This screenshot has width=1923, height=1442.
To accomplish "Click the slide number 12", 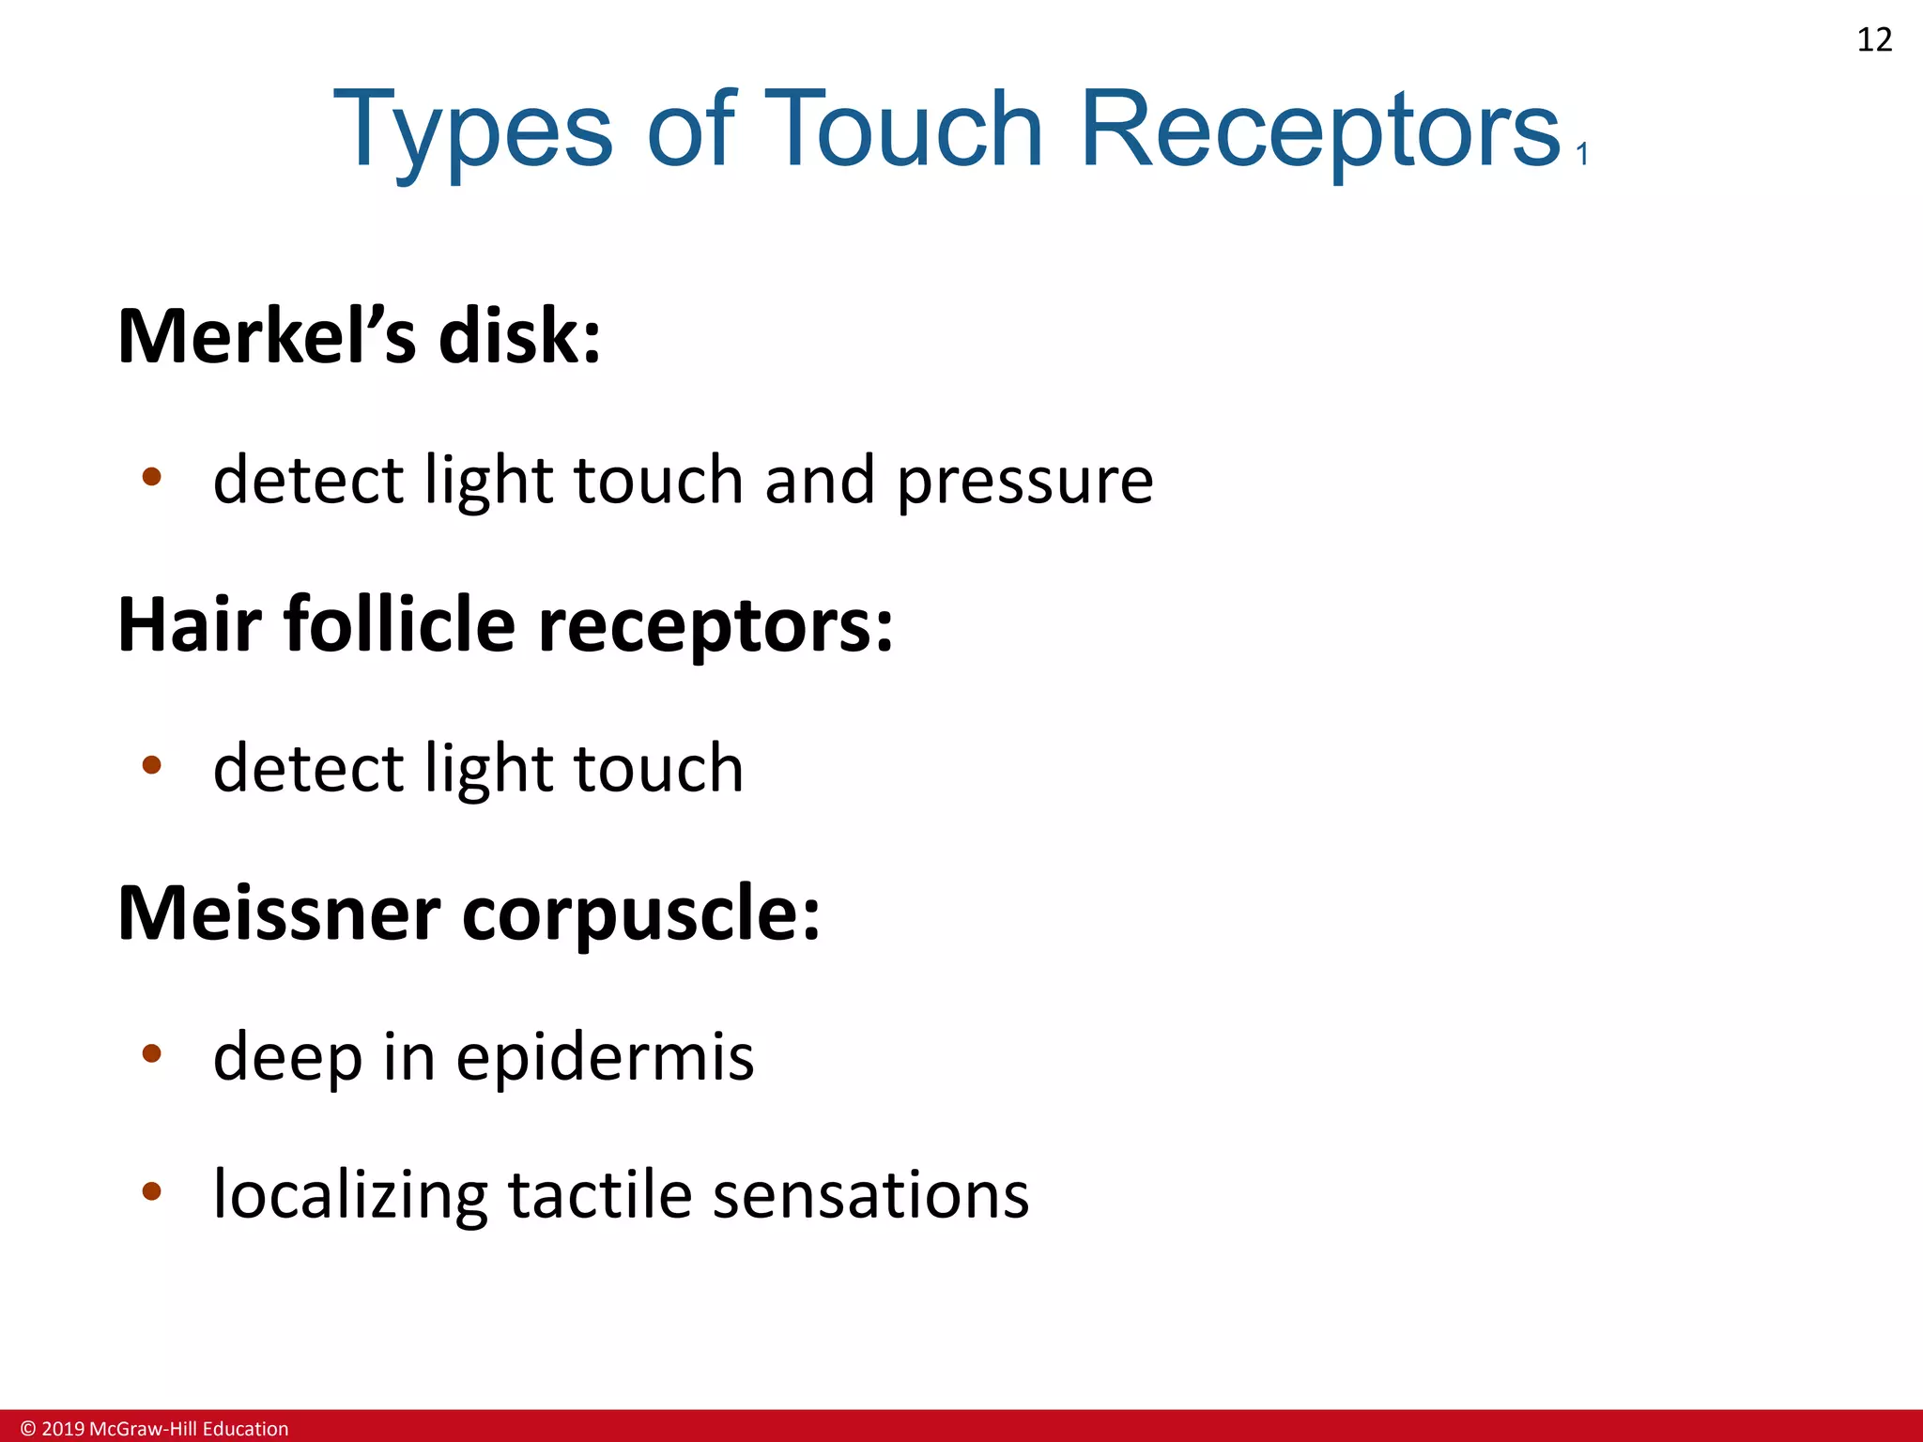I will point(1874,40).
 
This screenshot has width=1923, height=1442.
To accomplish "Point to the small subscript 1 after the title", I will point(1583,154).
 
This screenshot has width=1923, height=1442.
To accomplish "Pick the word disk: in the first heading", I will point(519,336).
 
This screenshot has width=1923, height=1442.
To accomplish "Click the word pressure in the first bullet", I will point(1024,482).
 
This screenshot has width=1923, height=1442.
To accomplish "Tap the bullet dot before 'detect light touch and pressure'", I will point(151,477).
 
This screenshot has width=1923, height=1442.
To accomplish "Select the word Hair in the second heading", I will point(189,624).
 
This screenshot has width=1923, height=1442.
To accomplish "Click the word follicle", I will point(400,624).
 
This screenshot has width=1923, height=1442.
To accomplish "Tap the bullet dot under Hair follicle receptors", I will point(151,765).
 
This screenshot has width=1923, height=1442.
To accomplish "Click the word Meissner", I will point(279,913).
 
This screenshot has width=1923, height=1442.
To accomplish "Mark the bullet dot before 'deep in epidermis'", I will point(151,1053).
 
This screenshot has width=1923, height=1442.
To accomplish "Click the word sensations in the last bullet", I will point(870,1195).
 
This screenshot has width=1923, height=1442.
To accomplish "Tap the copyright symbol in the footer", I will point(28,1429).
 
